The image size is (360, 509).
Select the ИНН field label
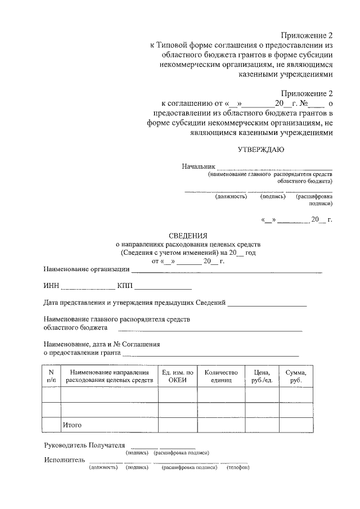tap(51, 286)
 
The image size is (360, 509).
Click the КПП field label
tap(125, 286)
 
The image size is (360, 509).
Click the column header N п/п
tap(51, 376)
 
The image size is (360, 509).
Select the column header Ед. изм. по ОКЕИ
tap(177, 376)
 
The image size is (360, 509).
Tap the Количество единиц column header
tap(221, 376)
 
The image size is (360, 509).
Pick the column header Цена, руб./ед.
tap(262, 376)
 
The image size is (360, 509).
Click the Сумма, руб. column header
tap(296, 376)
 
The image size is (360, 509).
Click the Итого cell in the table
tap(73, 425)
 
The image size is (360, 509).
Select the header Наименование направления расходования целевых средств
tap(109, 376)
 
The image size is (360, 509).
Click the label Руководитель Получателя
tap(84, 445)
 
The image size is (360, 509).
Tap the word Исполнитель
tap(65, 460)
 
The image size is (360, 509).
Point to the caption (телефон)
tap(238, 467)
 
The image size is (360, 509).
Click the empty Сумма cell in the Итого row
tap(296, 425)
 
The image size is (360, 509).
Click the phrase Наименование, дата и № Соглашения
tap(102, 344)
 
